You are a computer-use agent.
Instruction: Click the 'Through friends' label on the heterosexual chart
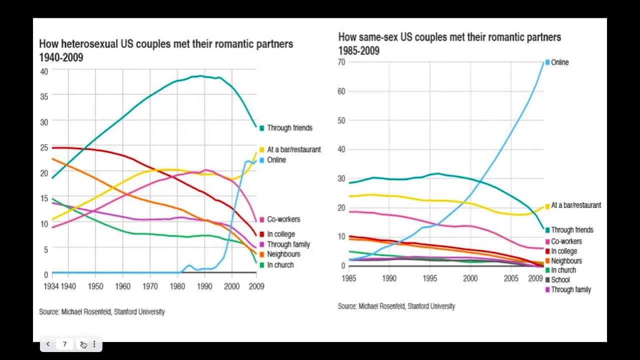(289, 128)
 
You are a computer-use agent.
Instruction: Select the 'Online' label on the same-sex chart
(559, 62)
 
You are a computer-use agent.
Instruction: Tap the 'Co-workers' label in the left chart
(283, 219)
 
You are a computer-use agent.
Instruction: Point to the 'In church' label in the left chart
(280, 265)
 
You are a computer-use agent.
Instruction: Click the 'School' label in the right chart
(560, 280)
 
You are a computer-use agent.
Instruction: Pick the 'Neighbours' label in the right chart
(566, 261)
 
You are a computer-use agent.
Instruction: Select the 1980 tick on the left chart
(176, 286)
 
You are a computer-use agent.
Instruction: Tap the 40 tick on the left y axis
(44, 71)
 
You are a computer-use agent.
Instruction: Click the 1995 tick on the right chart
(429, 278)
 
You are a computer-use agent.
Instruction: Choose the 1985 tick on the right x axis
(348, 278)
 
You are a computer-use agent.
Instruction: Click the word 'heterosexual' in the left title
(90, 44)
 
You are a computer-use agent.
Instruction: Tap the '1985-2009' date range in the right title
(358, 51)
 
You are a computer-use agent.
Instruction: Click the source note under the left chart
(101, 311)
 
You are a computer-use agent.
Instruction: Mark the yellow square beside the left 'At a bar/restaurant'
(261, 149)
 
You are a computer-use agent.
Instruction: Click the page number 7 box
(64, 344)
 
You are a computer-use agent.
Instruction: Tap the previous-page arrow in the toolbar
(48, 344)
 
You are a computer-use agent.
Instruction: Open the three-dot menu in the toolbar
(94, 344)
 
